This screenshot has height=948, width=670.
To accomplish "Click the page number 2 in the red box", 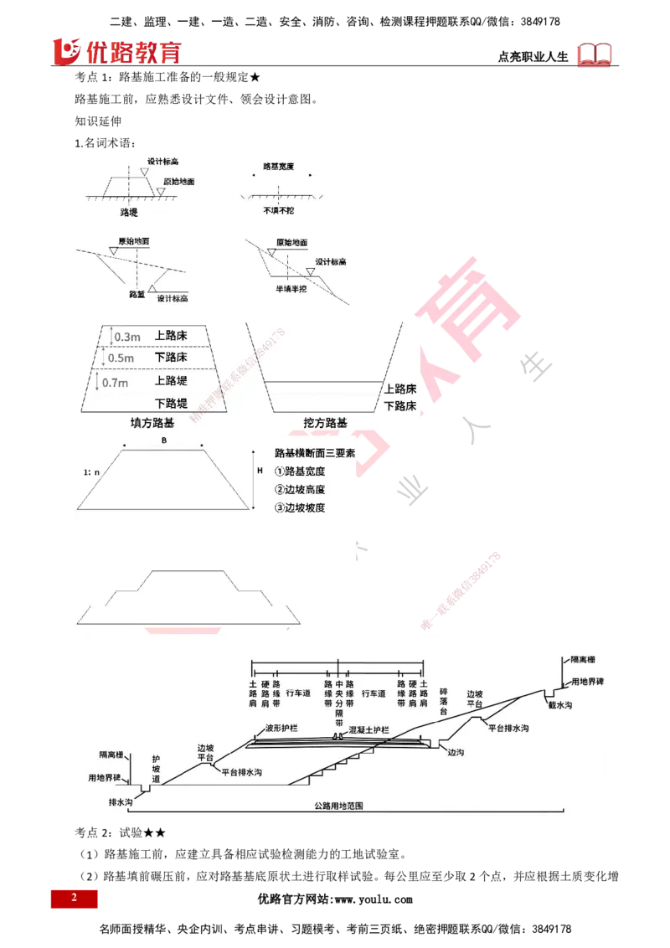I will (74, 899).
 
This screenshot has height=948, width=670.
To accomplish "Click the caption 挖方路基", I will (325, 423).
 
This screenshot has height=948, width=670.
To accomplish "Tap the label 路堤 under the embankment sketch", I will (129, 214).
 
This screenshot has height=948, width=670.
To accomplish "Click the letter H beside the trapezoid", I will (260, 471).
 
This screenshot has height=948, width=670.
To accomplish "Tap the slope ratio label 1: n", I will (91, 472).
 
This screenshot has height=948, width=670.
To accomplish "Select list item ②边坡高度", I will (299, 490).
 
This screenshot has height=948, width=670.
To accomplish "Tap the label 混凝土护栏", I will (369, 730).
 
